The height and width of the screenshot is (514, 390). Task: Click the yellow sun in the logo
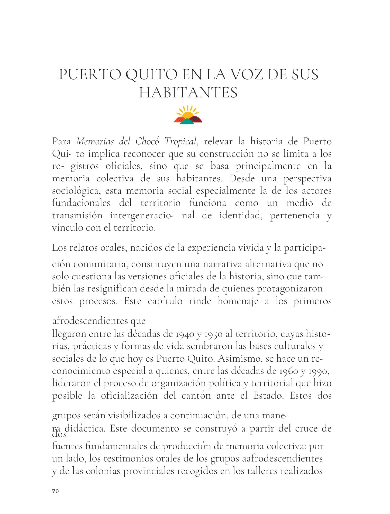pyautogui.click(x=188, y=114)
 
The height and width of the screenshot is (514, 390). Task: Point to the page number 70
pyautogui.click(x=55, y=491)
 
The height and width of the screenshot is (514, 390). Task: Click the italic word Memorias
pyautogui.click(x=95, y=141)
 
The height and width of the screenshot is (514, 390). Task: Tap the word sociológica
pyautogui.click(x=76, y=191)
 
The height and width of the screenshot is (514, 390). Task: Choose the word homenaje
pyautogui.click(x=238, y=301)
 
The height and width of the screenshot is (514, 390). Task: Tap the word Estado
pyautogui.click(x=268, y=396)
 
